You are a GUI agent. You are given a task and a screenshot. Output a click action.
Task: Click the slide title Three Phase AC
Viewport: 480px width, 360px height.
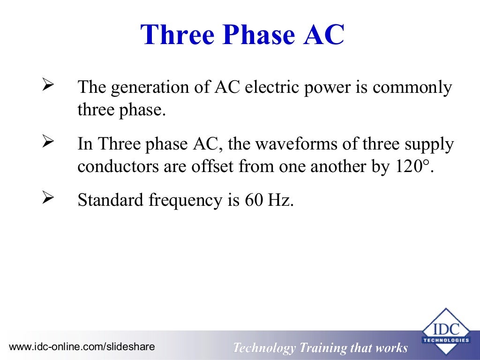click(x=242, y=35)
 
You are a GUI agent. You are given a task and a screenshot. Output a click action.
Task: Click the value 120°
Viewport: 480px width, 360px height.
click(x=411, y=166)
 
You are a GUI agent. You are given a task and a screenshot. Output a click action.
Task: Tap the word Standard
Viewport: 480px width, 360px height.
click(x=111, y=200)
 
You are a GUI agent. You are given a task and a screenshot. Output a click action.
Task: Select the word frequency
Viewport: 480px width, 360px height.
click(x=185, y=201)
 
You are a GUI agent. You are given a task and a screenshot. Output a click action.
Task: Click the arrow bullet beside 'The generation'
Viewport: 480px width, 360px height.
click(x=49, y=85)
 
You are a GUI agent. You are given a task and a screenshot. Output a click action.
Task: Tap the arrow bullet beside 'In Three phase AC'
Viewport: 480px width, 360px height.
click(x=49, y=142)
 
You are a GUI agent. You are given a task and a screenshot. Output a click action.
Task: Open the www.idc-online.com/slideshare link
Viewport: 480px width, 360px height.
click(x=82, y=347)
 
